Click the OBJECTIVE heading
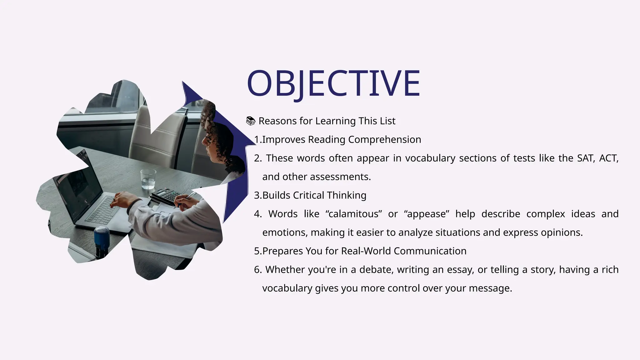pos(333,83)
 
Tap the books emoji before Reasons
pos(251,121)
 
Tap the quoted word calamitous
pos(353,214)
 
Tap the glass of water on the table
pos(148,179)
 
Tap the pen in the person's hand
pos(187,198)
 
